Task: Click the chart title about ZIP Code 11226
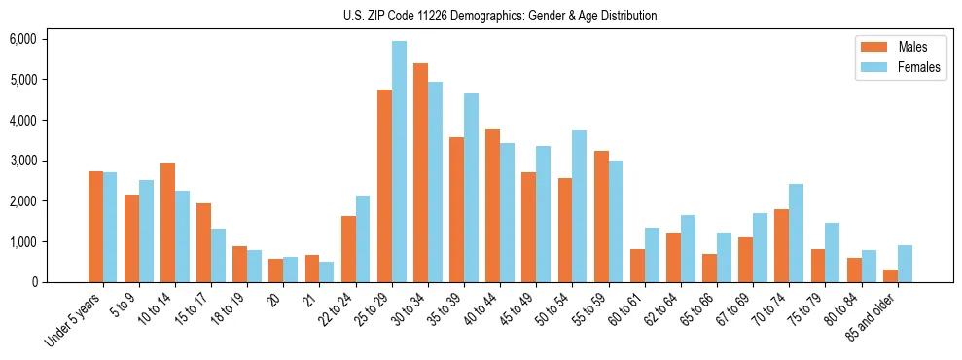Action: [500, 16]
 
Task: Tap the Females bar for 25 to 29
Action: [399, 162]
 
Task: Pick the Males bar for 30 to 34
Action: [420, 172]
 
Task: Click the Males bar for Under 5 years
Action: [95, 227]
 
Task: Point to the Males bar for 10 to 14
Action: [167, 223]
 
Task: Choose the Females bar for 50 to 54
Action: [580, 206]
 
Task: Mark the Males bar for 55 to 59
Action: [601, 216]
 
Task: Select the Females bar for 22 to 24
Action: [363, 238]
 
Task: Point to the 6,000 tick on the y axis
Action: [22, 39]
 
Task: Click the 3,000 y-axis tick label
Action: [22, 161]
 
